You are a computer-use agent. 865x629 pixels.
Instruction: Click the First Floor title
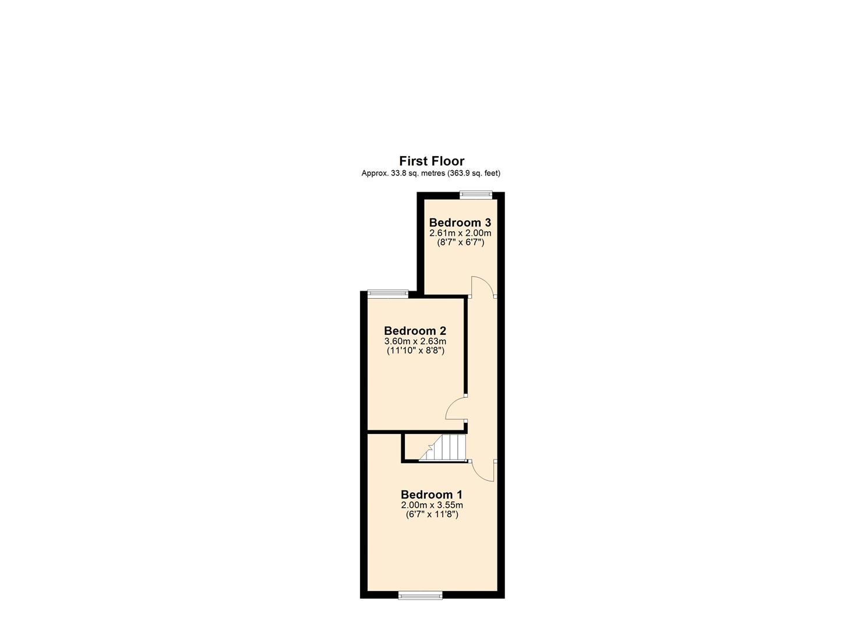click(432, 161)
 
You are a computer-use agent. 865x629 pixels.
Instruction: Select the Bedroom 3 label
click(460, 222)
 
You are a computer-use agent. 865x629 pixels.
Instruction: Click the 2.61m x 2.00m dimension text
click(460, 233)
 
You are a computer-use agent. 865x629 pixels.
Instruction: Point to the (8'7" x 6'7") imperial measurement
click(460, 242)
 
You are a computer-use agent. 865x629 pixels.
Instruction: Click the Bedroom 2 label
click(415, 331)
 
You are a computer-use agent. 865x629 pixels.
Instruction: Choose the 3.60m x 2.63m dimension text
click(415, 341)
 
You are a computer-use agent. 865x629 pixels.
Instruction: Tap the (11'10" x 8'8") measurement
click(415, 351)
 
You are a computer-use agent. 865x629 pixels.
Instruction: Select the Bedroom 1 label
click(432, 494)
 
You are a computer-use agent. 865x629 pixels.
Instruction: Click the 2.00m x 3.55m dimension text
click(432, 505)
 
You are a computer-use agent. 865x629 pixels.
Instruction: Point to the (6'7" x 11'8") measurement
click(432, 514)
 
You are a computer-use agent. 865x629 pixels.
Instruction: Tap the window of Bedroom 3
click(476, 195)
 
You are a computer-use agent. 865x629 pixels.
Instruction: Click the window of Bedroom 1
click(420, 595)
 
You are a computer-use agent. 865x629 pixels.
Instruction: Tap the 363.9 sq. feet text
click(474, 173)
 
